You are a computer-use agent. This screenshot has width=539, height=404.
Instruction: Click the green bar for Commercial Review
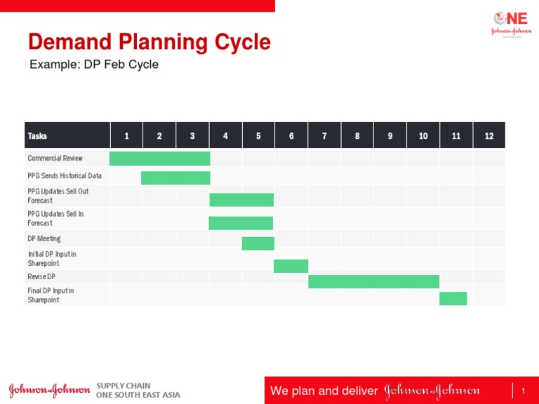[x=159, y=159]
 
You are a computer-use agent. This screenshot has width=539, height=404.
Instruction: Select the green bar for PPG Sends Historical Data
[x=175, y=177]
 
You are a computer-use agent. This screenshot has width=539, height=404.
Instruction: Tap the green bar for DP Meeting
[x=258, y=243]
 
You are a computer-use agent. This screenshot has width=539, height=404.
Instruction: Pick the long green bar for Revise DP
[x=373, y=281]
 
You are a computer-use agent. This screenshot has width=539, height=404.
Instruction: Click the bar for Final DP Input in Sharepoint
[x=453, y=298]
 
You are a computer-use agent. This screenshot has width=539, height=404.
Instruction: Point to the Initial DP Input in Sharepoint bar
[x=291, y=266]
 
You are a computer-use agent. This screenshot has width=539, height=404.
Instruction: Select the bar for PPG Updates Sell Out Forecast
[x=241, y=200]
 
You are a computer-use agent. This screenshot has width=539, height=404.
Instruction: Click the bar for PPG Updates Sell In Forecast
[x=241, y=223]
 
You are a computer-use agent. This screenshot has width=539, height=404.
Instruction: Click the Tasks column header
[x=38, y=135]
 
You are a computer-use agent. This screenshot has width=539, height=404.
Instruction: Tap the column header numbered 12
[x=489, y=135]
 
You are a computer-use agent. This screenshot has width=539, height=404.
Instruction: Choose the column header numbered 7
[x=324, y=135]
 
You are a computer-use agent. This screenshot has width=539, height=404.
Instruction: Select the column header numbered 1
[x=126, y=135]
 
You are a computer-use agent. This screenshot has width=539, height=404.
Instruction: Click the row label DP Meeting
[x=44, y=239]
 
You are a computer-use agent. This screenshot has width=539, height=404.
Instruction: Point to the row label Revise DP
[x=41, y=277]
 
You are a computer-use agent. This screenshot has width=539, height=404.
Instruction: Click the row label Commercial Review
[x=55, y=159]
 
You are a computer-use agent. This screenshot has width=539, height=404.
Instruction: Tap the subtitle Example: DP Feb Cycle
[x=94, y=65]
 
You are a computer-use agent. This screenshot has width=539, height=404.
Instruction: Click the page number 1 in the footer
[x=524, y=390]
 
